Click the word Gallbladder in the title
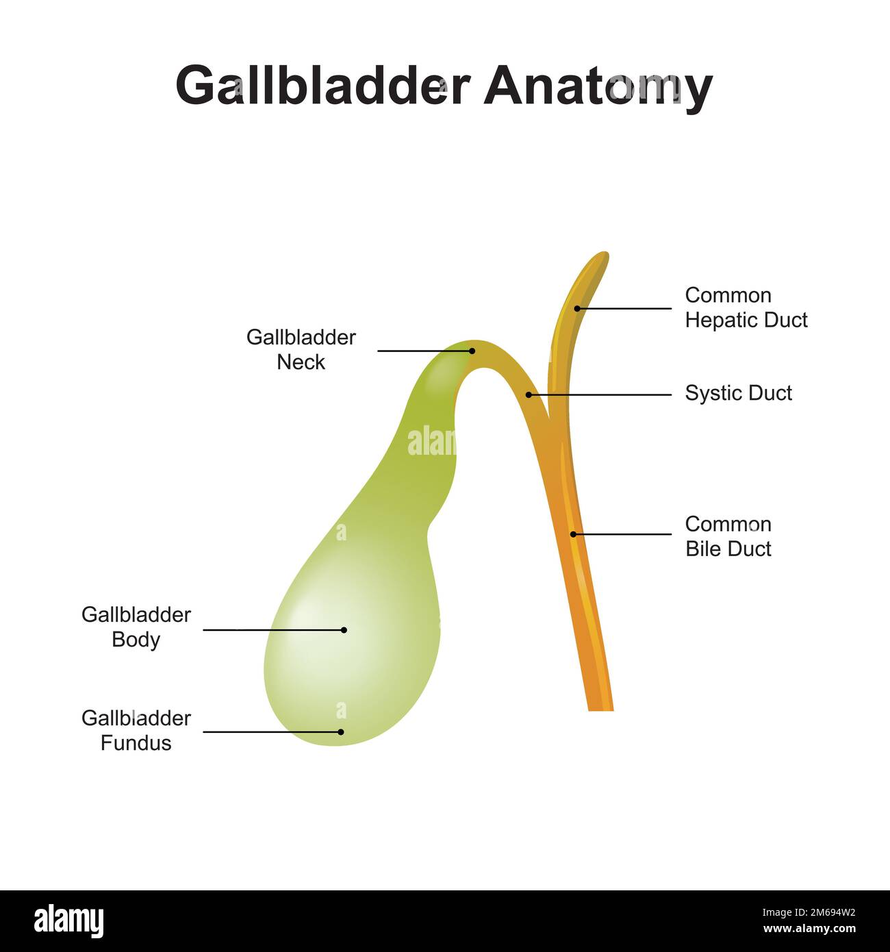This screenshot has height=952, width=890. tap(322, 86)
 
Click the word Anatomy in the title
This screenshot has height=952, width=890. tap(598, 88)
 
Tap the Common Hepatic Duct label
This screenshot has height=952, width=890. tap(746, 308)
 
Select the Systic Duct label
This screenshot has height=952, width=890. tap(738, 393)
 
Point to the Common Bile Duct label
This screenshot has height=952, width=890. tap(728, 536)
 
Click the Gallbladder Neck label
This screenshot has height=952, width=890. tap(301, 349)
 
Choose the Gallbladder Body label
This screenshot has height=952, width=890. tap(136, 627)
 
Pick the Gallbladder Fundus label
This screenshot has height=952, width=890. tap(136, 731)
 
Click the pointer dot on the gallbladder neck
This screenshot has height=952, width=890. tap(472, 351)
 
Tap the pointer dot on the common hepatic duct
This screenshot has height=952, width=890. tap(578, 308)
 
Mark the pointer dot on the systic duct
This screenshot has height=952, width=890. tap(529, 394)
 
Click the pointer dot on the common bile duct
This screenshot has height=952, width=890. tap(573, 534)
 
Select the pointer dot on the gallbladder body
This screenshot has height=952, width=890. tap(344, 630)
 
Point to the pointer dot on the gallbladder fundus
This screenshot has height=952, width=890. tap(341, 732)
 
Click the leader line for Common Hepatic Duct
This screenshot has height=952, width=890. tap(624, 308)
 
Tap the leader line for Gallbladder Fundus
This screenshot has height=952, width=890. tap(272, 732)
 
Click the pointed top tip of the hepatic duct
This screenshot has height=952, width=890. tap(605, 253)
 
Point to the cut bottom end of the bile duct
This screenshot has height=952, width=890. tap(601, 710)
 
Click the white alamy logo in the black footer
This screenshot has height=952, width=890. tap(68, 920)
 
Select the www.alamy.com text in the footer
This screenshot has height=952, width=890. tap(809, 928)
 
